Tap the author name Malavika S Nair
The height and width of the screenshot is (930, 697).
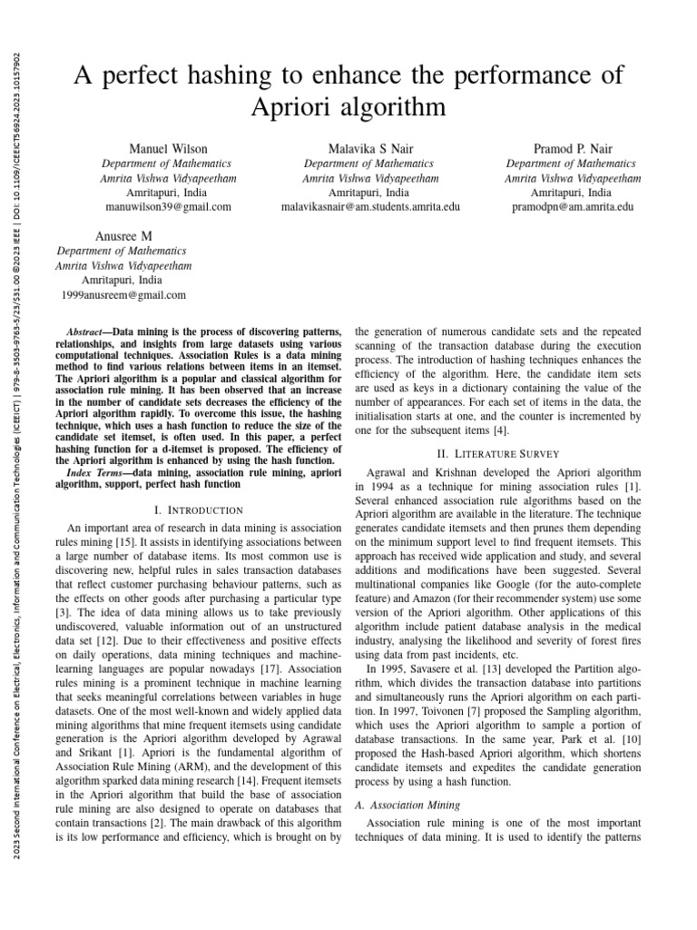pyautogui.click(x=370, y=148)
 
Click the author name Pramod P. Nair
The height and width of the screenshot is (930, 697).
pyautogui.click(x=572, y=148)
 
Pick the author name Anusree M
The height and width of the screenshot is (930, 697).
pyautogui.click(x=123, y=235)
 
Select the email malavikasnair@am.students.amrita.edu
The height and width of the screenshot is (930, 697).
pyautogui.click(x=370, y=207)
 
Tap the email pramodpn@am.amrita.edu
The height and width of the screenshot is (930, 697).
pyautogui.click(x=572, y=207)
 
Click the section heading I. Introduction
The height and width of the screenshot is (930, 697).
pyautogui.click(x=199, y=511)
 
